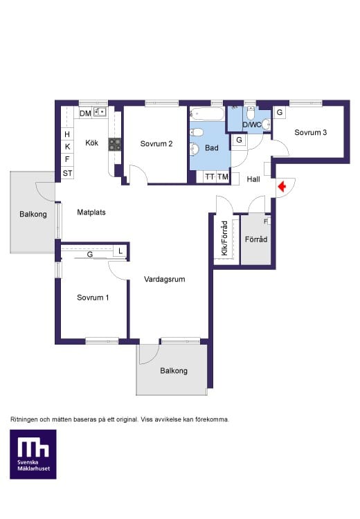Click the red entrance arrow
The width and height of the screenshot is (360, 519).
[x=282, y=187]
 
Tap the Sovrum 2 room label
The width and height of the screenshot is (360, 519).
[x=156, y=144]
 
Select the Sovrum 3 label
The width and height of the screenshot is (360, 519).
[x=310, y=132]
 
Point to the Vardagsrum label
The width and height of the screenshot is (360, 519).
[x=164, y=279]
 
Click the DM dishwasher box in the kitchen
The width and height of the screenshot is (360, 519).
[x=85, y=113]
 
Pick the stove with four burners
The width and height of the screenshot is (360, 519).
[x=115, y=145]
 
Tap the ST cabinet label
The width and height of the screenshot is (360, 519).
[x=68, y=173]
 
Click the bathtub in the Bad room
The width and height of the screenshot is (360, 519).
[x=207, y=114]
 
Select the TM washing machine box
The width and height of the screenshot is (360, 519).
[x=223, y=176]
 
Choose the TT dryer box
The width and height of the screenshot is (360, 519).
[x=210, y=176]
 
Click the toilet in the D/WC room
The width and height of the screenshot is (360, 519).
[x=251, y=113]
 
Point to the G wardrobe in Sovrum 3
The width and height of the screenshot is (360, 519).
[x=280, y=113]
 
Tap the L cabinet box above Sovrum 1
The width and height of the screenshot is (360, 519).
[x=120, y=251]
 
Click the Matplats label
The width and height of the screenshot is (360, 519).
[x=91, y=212]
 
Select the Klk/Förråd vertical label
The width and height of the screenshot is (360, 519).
[x=224, y=238]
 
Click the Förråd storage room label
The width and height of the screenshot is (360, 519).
[x=256, y=239]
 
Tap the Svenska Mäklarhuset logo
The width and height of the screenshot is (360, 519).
[x=33, y=454]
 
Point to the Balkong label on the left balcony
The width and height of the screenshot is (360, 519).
[x=33, y=214]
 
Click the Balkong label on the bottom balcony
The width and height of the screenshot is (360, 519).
[x=174, y=371]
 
